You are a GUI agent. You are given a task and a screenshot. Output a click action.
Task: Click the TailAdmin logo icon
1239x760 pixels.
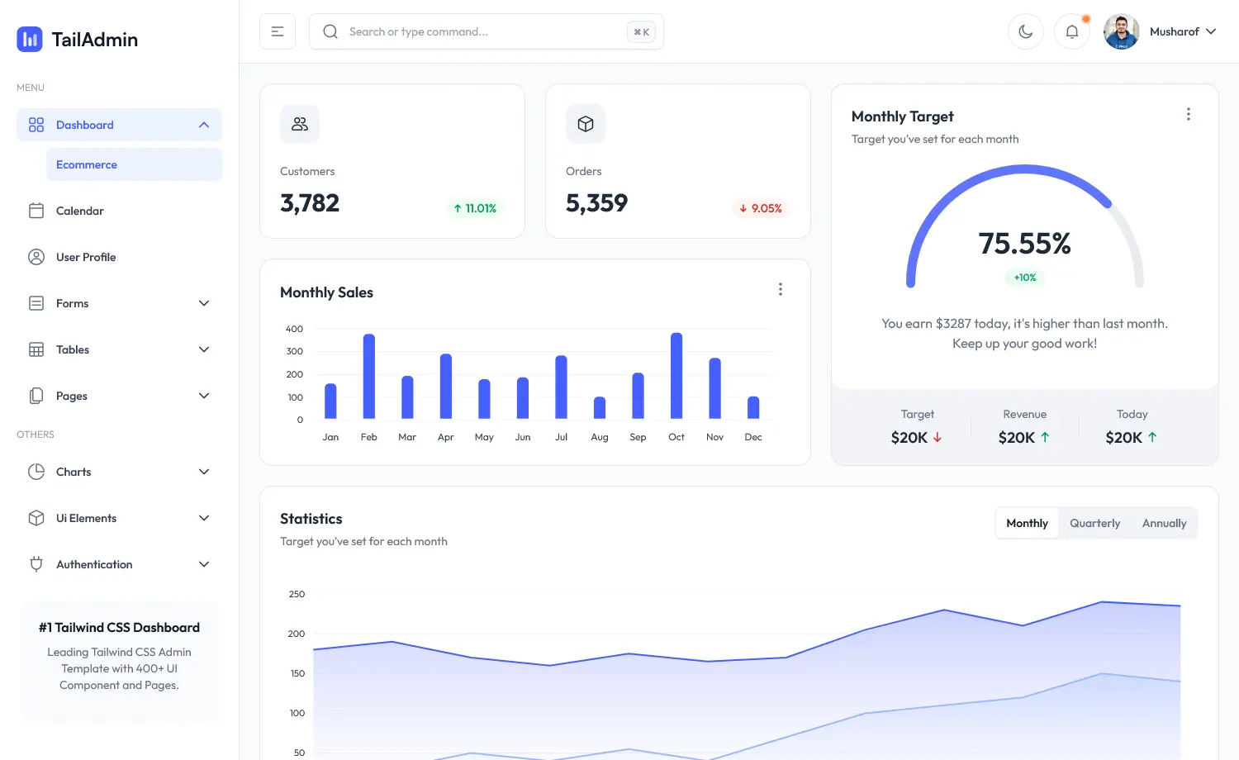30,39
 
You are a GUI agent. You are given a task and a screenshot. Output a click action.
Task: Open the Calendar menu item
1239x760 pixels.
80,211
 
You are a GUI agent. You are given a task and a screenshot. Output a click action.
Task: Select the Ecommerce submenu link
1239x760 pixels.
87,164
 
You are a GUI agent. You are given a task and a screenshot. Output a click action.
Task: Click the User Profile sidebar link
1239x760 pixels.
86,257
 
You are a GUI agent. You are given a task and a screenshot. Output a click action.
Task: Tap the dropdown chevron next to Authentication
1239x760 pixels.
204,564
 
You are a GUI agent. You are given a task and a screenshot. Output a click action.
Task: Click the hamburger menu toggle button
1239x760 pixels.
278,31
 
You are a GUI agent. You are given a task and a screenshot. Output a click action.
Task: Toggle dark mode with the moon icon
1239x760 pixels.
1026,31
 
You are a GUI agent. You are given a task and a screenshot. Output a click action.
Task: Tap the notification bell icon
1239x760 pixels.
1072,31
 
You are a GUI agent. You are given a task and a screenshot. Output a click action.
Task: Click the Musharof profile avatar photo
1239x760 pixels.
1122,31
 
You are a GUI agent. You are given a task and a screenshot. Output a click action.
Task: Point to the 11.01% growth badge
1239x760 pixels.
475,208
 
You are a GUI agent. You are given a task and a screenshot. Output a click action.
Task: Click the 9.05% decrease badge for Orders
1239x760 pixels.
761,208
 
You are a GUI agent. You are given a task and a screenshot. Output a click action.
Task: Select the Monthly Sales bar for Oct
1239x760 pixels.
676,376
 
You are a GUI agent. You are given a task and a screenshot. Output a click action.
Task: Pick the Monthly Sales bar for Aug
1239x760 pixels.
600,407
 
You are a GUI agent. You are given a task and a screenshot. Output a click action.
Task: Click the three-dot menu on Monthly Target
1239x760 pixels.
1189,114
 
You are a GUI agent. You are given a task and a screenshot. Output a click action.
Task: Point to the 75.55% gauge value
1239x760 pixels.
1024,244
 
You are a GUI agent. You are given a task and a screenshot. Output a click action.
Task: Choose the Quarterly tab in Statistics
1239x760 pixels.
1094,523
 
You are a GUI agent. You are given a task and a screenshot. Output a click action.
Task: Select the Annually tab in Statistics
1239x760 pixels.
1164,523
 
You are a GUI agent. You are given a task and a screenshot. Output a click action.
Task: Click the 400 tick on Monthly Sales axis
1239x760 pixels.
294,329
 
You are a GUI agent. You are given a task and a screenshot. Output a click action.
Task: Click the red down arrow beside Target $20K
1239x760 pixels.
938,438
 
